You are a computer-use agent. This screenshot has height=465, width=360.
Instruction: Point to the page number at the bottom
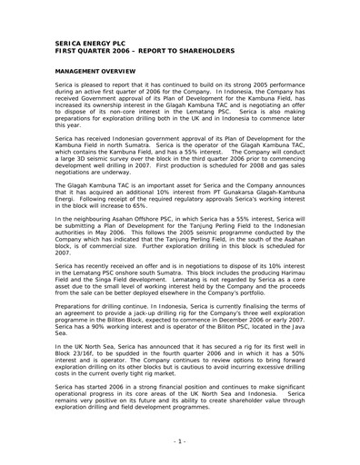point(180,440)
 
